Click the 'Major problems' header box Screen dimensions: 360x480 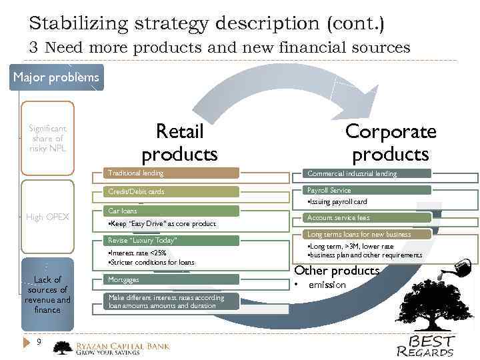pos(56,77)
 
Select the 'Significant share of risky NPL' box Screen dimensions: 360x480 pos(47,138)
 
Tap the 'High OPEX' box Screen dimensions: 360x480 pos(47,217)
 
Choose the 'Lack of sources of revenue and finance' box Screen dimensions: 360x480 pos(47,294)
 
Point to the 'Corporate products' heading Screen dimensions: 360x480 pos(391,143)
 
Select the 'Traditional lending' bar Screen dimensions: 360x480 pos(172,173)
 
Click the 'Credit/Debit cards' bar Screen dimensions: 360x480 pos(172,192)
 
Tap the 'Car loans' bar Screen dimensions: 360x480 pos(172,211)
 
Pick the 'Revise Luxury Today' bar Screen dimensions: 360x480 pos(172,240)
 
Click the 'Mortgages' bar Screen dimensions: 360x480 pos(172,280)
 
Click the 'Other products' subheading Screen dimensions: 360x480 pos(337,271)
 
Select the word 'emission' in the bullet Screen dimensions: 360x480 pos(327,285)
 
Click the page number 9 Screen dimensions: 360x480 pos(39,342)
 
